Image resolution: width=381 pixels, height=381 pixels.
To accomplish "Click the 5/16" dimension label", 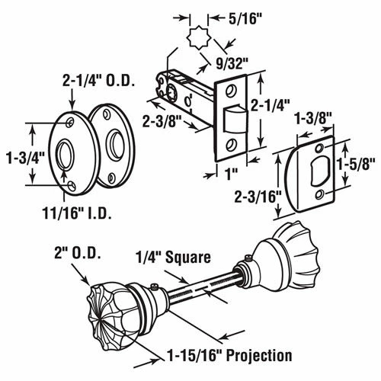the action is click(245, 19).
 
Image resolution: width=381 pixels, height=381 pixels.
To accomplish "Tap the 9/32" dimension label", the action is click(232, 64).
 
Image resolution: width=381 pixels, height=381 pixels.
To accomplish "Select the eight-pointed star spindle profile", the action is click(199, 37).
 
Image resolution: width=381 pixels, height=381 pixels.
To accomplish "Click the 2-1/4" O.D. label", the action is click(98, 81).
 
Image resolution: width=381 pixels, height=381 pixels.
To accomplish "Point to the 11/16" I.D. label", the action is click(77, 213).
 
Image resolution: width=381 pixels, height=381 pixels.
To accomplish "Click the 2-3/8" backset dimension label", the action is click(162, 121).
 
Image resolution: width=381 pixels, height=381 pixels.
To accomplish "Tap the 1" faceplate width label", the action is click(231, 174).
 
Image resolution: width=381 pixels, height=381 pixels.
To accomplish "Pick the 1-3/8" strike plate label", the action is click(313, 118).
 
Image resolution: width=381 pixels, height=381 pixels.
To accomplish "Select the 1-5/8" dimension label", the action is click(356, 164).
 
